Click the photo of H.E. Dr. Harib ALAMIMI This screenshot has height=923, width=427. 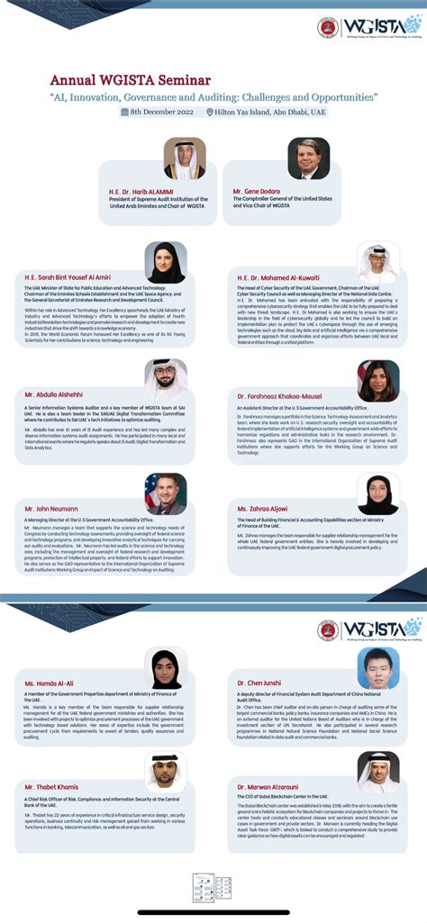pyautogui.click(x=185, y=159)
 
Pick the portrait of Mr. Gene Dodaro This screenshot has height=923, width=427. pyautogui.click(x=308, y=159)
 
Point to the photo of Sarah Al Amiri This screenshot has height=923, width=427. pyautogui.click(x=166, y=263)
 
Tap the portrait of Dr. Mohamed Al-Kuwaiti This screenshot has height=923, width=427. pyautogui.click(x=378, y=263)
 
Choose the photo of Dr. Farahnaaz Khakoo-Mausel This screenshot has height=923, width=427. pyautogui.click(x=378, y=380)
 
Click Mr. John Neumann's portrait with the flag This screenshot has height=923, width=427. pyautogui.click(x=166, y=494)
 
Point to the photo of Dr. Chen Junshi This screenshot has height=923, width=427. pyautogui.click(x=378, y=668)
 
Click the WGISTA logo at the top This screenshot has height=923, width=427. pyautogui.click(x=369, y=28)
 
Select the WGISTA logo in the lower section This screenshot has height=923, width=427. pyautogui.click(x=369, y=629)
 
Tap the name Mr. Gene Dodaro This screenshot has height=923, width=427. pyautogui.click(x=256, y=192)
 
